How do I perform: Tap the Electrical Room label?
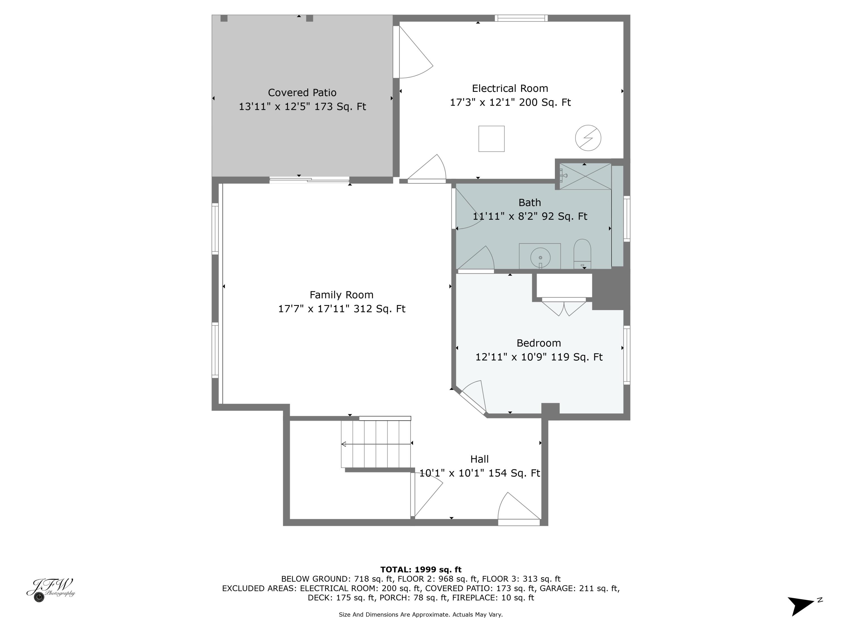tap(510, 88)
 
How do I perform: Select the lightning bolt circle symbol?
tap(588, 138)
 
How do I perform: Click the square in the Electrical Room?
tap(491, 139)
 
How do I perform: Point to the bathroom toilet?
tap(582, 253)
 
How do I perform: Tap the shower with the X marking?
tap(585, 176)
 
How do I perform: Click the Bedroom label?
tap(538, 343)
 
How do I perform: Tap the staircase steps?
tap(376, 444)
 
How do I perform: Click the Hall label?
tap(479, 459)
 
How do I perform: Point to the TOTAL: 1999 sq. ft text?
tap(421, 570)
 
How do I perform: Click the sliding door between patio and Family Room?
tap(309, 180)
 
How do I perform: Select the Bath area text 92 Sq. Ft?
tap(564, 216)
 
